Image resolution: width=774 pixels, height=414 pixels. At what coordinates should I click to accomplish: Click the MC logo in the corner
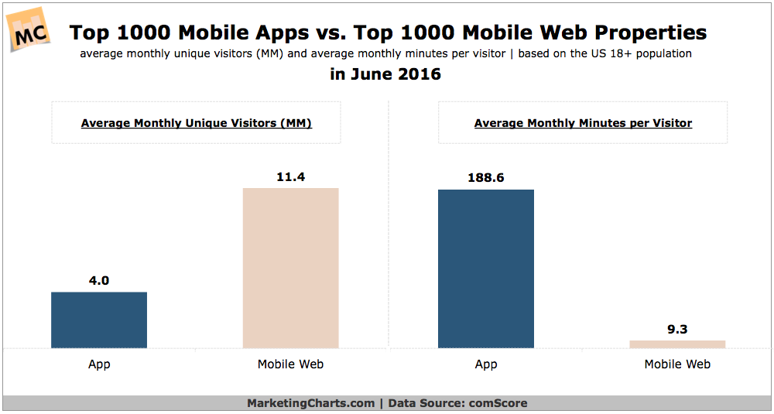pos(29,29)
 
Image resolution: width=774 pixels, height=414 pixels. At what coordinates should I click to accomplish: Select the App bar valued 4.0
pos(99,320)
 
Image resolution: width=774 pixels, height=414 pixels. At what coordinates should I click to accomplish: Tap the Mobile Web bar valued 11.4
pos(290,268)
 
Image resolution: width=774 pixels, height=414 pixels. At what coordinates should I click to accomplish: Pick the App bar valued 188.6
pos(486,269)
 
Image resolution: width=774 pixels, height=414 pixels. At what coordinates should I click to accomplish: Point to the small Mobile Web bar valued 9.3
pos(677,344)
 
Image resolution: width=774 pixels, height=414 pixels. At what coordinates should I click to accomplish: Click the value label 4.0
pos(99,281)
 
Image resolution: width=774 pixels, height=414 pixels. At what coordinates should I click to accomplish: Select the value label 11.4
pos(290,176)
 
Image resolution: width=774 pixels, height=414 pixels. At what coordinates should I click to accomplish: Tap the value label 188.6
pos(486,177)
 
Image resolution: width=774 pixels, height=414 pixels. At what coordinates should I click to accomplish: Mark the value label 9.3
pos(677,329)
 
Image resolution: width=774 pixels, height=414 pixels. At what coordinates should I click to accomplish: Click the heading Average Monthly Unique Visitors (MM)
pos(196,123)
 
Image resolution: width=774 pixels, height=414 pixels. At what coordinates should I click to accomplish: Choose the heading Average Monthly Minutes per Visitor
pos(583,123)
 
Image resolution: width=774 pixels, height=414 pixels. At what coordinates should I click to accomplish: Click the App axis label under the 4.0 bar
pos(99,364)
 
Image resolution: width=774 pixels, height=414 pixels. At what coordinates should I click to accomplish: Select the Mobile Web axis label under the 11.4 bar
pos(290,364)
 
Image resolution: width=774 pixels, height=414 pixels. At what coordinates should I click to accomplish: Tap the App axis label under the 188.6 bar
pos(486,364)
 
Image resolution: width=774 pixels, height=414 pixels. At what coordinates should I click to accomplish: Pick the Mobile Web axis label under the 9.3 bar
pos(677,364)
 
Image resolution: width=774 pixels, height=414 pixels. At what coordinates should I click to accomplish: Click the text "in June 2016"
pos(386,75)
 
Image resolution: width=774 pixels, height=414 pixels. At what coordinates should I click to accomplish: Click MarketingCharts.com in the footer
pos(310,403)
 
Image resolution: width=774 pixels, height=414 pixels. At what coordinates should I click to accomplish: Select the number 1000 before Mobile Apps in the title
pos(132,33)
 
